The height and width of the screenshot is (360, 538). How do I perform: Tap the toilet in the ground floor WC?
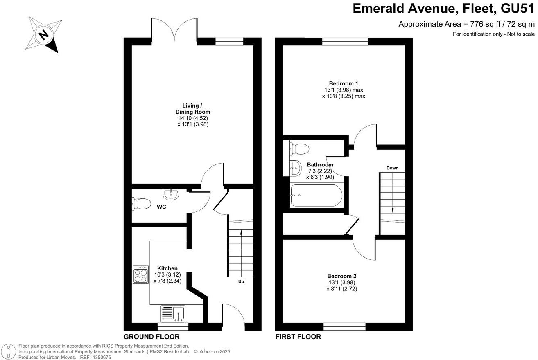click(x=141, y=203)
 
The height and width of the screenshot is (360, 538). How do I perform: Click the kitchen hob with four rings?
click(x=141, y=274)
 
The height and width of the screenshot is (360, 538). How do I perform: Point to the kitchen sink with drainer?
click(x=173, y=314)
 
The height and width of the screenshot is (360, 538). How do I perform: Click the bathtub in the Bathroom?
click(x=316, y=195)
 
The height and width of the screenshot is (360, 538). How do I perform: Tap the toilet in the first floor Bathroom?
click(x=299, y=148)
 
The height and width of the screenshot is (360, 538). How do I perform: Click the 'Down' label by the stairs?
click(x=392, y=168)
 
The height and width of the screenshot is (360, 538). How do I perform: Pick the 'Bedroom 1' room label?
click(x=343, y=83)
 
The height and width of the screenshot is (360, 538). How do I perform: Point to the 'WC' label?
click(x=161, y=207)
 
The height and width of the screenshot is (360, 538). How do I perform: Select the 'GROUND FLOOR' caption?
click(x=151, y=337)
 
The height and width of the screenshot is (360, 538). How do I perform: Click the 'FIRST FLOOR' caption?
click(x=298, y=337)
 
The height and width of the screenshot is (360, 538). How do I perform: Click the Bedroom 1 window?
click(x=345, y=41)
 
